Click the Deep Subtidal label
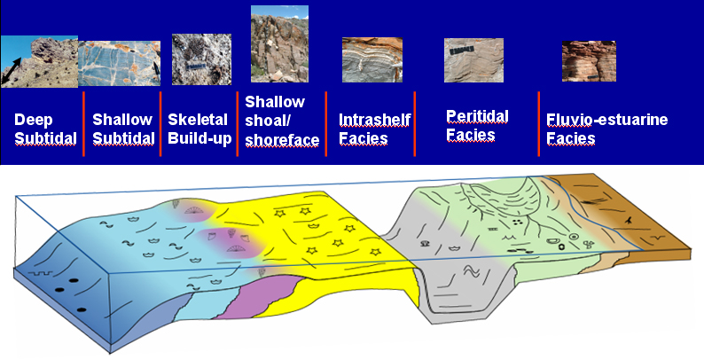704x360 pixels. coord(45,129)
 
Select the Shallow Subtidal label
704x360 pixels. coord(123,129)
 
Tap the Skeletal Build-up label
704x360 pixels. coord(199,129)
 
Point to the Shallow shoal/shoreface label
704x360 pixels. coord(282,121)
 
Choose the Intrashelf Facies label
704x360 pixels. coord(374,129)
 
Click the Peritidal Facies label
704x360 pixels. coord(477,126)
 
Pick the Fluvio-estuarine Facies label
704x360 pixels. coord(607,129)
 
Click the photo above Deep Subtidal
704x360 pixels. coord(39,61)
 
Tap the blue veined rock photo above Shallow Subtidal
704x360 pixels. coord(120,63)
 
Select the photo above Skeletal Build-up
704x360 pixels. coord(201,59)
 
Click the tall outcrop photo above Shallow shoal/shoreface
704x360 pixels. coord(279,44)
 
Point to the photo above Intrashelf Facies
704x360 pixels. coord(372,59)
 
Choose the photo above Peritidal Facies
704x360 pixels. coord(473,60)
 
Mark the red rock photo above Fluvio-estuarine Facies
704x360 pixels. coord(589,61)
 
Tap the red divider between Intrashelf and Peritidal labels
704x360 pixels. coord(414,124)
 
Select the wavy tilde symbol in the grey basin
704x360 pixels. coord(471,271)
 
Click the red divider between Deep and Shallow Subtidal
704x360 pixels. coord(83,124)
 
